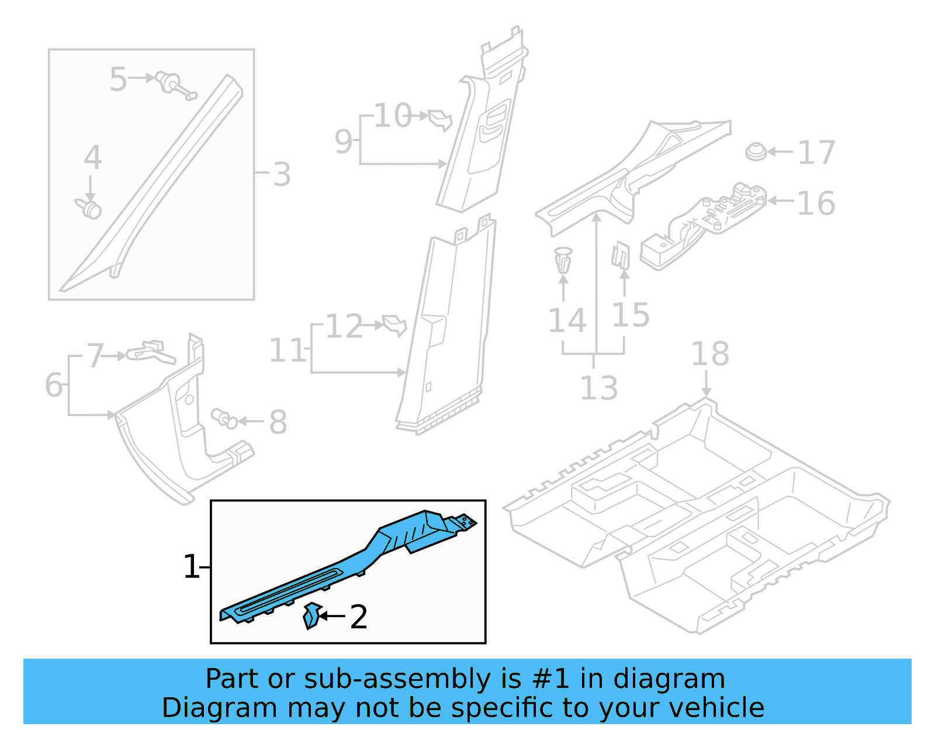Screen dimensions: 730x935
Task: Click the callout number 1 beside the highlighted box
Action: pos(191,566)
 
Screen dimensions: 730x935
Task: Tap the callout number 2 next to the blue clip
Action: pos(358,617)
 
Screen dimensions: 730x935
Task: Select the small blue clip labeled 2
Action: pos(311,615)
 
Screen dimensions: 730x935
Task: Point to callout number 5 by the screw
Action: pos(118,79)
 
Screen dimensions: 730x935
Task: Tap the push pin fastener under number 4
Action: pos(89,207)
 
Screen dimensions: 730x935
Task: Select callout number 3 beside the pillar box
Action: pos(282,174)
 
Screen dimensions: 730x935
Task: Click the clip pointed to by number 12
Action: pos(394,324)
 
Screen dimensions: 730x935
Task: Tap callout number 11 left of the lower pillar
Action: pos(287,351)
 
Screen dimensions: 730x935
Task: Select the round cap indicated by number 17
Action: pos(756,152)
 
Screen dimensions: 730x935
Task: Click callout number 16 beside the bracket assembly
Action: pos(816,203)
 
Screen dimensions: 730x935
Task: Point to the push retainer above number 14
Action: pos(563,260)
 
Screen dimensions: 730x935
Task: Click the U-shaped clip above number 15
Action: pos(621,255)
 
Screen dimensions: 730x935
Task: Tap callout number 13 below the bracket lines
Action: pos(598,388)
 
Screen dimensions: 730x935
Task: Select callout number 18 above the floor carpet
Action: pos(710,354)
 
